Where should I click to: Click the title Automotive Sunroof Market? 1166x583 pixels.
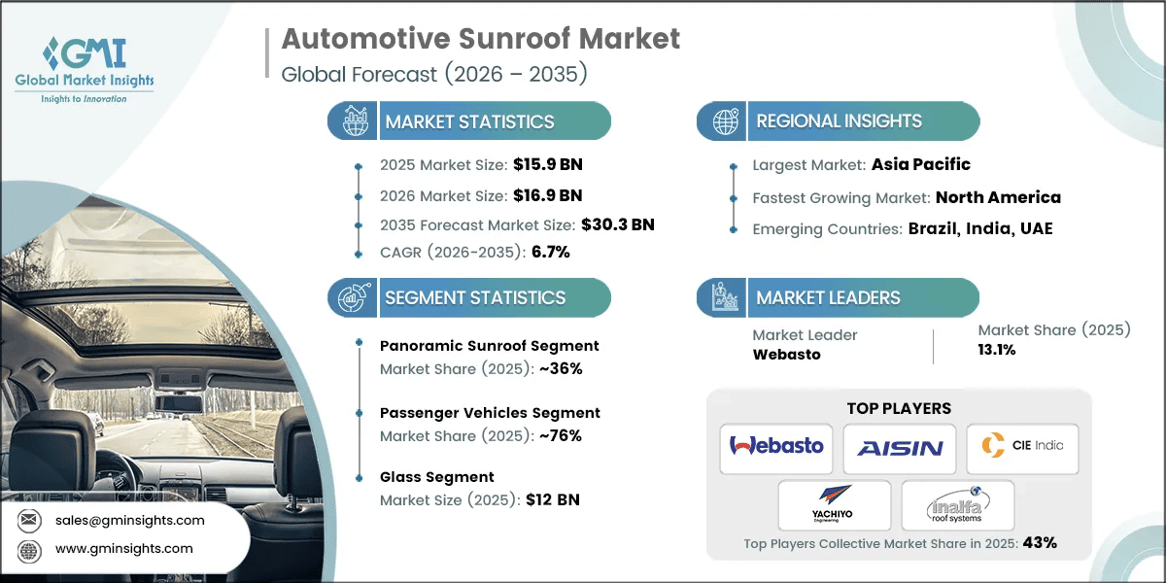coord(480,39)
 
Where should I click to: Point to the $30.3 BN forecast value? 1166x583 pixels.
coord(617,224)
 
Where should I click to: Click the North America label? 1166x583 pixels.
coord(998,197)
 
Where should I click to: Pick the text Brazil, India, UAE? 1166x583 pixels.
coord(980,229)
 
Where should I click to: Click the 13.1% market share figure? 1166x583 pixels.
coord(997,350)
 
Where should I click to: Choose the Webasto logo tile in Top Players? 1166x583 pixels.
coord(776,447)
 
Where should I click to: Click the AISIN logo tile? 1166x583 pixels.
coord(899,448)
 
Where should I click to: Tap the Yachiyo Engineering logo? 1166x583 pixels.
coord(833,504)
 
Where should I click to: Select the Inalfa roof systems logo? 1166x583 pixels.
coord(957,504)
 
